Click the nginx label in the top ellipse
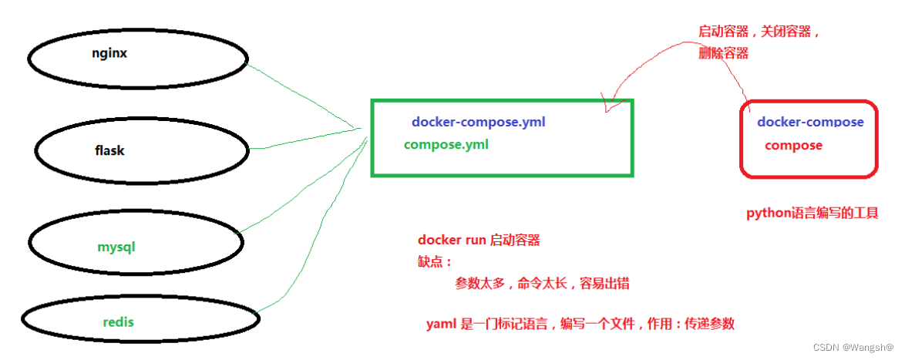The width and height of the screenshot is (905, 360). [109, 55]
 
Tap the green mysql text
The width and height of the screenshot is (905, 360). [116, 247]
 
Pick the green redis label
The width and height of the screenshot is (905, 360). [118, 321]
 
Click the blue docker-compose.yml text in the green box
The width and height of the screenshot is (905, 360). [479, 122]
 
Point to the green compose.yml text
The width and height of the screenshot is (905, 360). [446, 144]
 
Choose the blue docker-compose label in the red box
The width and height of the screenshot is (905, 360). [810, 122]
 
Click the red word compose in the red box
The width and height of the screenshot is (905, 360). [793, 145]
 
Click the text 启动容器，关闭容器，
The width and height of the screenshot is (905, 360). [759, 32]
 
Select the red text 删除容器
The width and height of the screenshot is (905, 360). [723, 53]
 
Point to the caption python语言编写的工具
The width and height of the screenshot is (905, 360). [812, 214]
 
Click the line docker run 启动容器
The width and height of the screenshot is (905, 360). [479, 241]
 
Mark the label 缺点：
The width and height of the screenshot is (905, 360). [434, 262]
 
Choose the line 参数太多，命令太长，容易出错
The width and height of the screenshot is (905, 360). [542, 284]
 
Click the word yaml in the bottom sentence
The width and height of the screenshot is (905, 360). [441, 325]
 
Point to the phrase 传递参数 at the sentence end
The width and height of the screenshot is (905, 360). [709, 325]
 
